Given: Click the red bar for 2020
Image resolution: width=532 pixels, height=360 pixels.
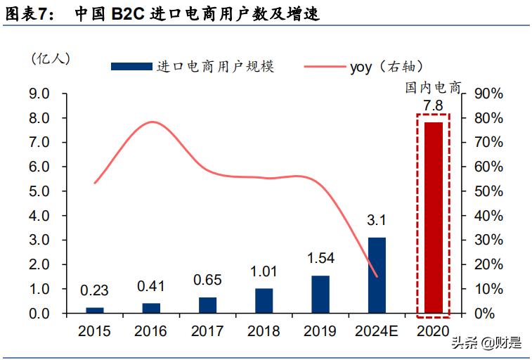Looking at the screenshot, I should coord(433,217).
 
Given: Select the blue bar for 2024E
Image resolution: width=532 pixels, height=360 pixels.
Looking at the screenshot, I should coord(377,275).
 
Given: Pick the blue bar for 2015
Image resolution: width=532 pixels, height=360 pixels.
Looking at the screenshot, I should coord(94,309).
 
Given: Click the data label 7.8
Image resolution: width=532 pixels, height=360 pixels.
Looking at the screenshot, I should coord(433,106).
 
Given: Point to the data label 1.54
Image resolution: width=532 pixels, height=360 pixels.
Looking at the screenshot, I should coord(320,259).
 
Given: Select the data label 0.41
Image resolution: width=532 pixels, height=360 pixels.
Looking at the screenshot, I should coord(151,286).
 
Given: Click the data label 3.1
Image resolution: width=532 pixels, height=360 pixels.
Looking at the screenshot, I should coord(377,221).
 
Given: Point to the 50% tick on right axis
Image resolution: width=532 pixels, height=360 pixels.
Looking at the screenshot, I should coord(489,191).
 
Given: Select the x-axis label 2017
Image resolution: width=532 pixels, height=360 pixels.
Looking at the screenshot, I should coord(207,331).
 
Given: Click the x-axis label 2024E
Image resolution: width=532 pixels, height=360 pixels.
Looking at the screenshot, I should coord(377,331).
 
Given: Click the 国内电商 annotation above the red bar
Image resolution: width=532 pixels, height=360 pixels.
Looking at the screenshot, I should coord(433,88).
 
